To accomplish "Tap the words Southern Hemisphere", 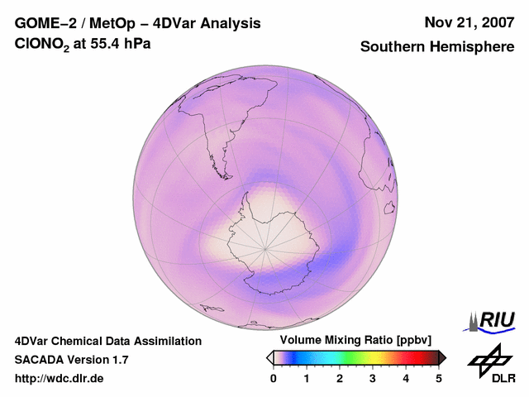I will (x=437, y=47).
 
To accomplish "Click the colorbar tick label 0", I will (x=274, y=378).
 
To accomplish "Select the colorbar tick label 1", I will (x=307, y=378).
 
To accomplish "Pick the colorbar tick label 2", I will (x=340, y=378).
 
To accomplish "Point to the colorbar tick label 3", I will (x=373, y=378).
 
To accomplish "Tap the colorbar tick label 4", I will (x=406, y=378).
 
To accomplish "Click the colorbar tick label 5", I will (x=439, y=378).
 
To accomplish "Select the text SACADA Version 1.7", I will (x=71, y=360).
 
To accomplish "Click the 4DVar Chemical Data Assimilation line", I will (x=107, y=341).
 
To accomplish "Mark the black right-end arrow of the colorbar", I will (x=442, y=357).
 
